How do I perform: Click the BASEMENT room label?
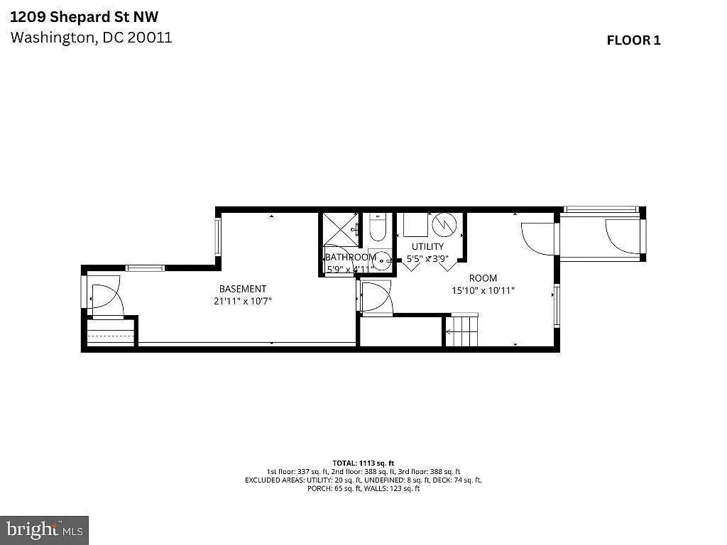point(243,289)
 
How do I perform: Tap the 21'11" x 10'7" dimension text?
point(243,301)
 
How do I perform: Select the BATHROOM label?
point(350,257)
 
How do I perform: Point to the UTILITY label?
point(427,246)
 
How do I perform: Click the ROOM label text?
point(483,278)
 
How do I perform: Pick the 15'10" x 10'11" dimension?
point(483,290)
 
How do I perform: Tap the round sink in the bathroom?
point(383,261)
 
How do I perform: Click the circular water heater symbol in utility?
point(445,225)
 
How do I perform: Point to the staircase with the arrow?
point(461,331)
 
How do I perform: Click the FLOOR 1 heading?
point(633,40)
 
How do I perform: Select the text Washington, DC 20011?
point(91,38)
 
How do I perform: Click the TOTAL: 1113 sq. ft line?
point(363,463)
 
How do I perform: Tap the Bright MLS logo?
point(44,529)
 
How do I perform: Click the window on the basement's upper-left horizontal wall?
point(146,268)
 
